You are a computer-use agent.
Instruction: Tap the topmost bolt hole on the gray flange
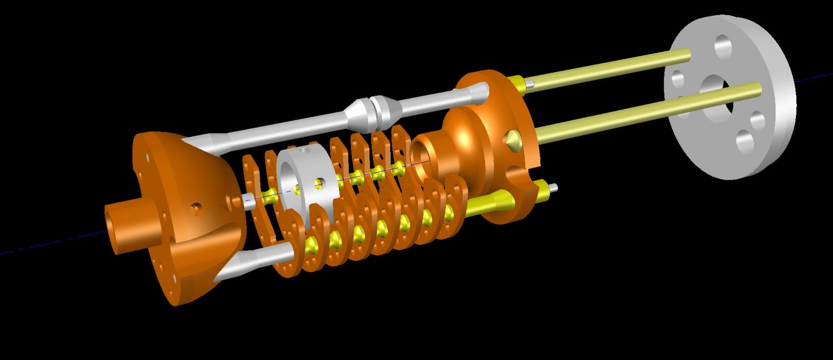[723, 46]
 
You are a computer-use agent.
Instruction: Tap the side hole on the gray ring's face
[319, 183]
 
